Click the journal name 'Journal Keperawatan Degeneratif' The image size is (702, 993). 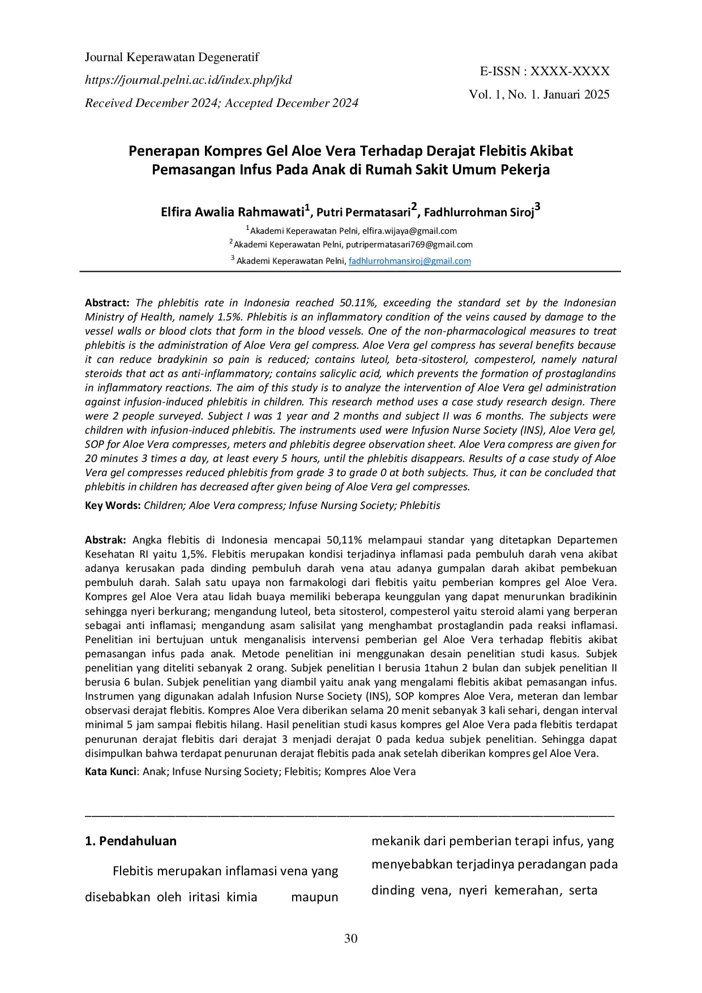click(x=172, y=57)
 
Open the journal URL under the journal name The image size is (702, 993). click(x=188, y=80)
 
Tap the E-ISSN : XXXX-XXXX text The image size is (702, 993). click(x=545, y=71)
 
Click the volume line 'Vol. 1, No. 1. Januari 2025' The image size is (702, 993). click(x=539, y=95)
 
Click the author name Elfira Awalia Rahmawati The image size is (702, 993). click(x=232, y=212)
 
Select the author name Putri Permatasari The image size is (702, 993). click(x=363, y=212)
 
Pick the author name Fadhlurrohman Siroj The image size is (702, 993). click(x=479, y=212)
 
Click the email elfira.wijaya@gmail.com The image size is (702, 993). click(x=409, y=231)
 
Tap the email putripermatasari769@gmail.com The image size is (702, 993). click(x=409, y=245)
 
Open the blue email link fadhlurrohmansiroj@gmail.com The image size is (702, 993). click(x=409, y=261)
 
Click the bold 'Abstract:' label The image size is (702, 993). click(x=107, y=303)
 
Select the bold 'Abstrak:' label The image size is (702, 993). click(x=105, y=540)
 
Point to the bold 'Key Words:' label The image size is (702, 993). click(x=113, y=506)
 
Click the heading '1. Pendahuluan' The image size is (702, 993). click(x=131, y=841)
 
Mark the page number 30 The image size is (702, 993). click(x=351, y=939)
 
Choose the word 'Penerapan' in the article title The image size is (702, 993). click(x=164, y=151)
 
